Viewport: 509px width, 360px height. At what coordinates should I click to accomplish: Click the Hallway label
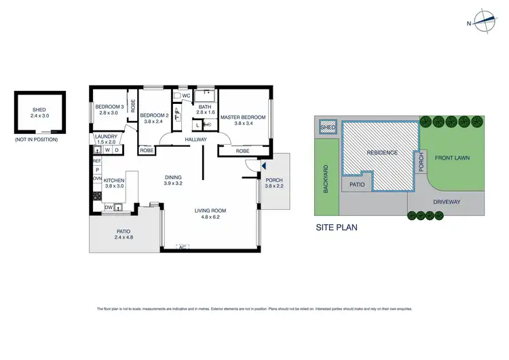(196, 139)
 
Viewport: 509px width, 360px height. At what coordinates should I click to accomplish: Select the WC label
(186, 96)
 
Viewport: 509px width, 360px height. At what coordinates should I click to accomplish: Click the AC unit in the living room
(182, 246)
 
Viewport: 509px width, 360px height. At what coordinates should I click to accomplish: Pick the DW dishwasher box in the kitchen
(109, 207)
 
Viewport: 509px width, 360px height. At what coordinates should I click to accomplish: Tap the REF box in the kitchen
(96, 160)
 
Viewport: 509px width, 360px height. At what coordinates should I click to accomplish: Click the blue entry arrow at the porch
(264, 165)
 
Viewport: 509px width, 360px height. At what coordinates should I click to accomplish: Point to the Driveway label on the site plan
(446, 202)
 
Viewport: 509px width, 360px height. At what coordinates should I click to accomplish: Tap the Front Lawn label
(453, 158)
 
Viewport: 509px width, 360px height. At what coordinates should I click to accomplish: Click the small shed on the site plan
(328, 128)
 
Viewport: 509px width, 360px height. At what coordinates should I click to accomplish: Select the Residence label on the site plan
(382, 153)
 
